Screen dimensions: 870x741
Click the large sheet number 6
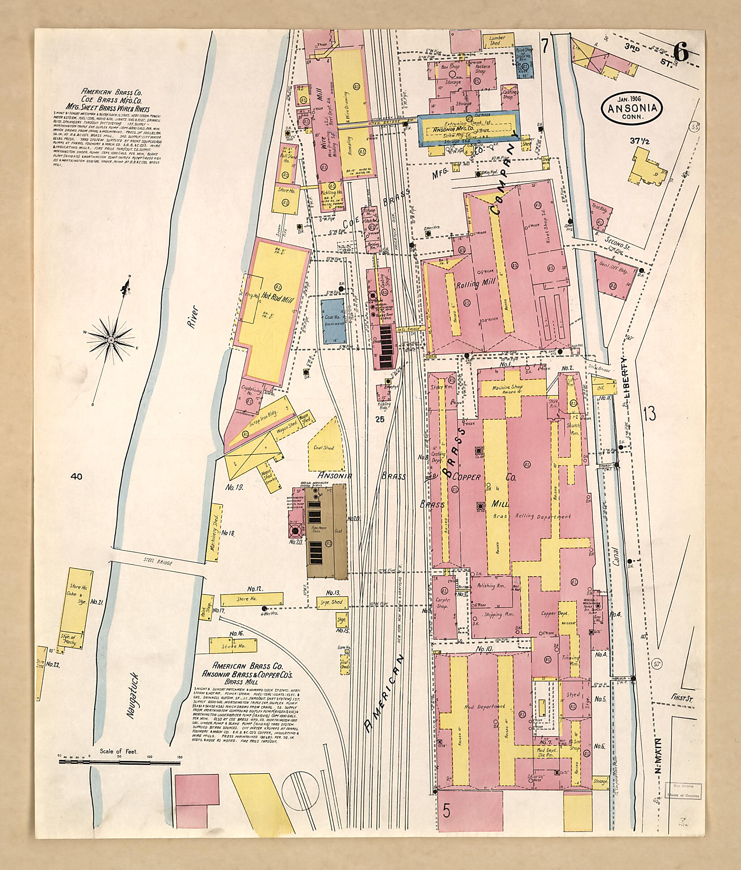(680, 53)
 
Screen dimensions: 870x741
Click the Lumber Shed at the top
(497, 40)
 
